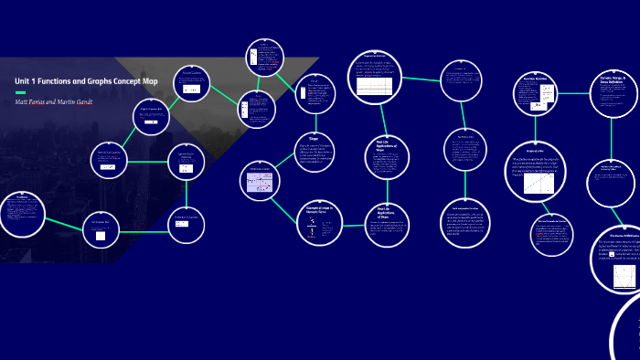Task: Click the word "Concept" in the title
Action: [x=125, y=81]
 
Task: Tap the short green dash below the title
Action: [x=20, y=92]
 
